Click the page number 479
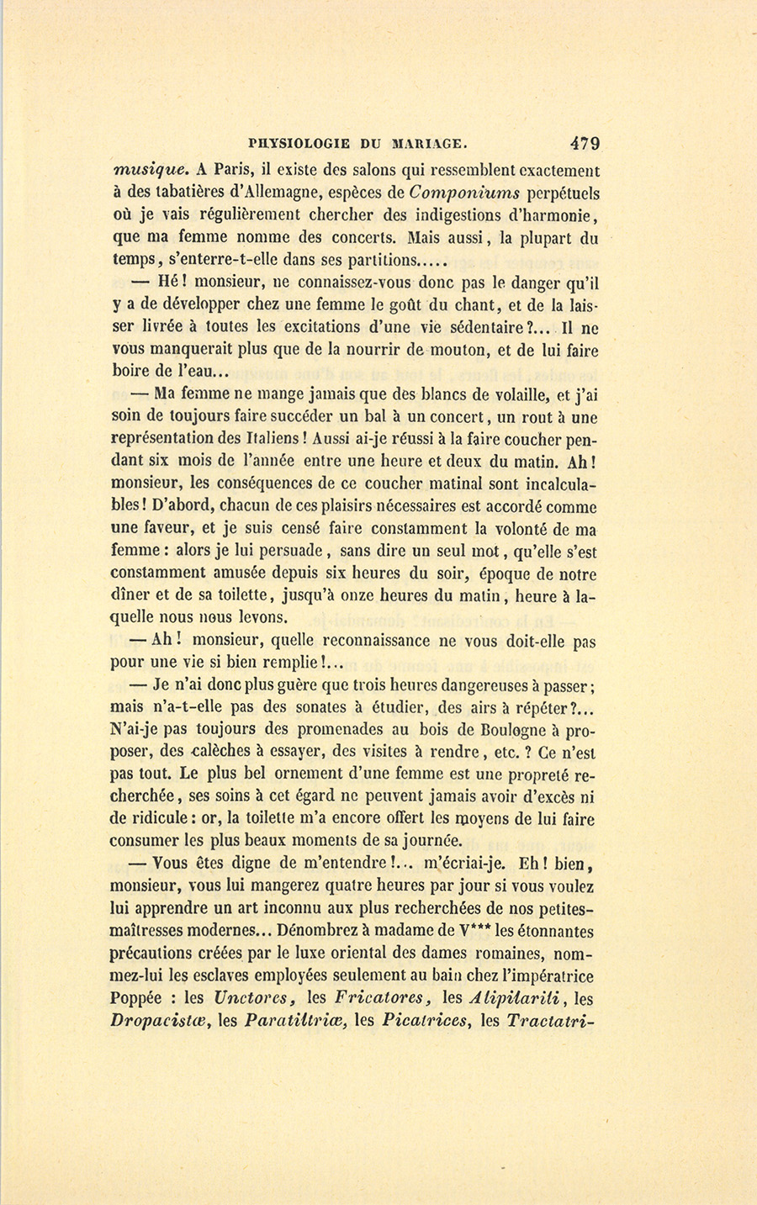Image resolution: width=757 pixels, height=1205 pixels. pyautogui.click(x=584, y=143)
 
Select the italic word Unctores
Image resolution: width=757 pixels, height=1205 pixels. pyautogui.click(x=253, y=1000)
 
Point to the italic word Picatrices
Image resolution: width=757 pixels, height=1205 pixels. pyautogui.click(x=424, y=1023)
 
